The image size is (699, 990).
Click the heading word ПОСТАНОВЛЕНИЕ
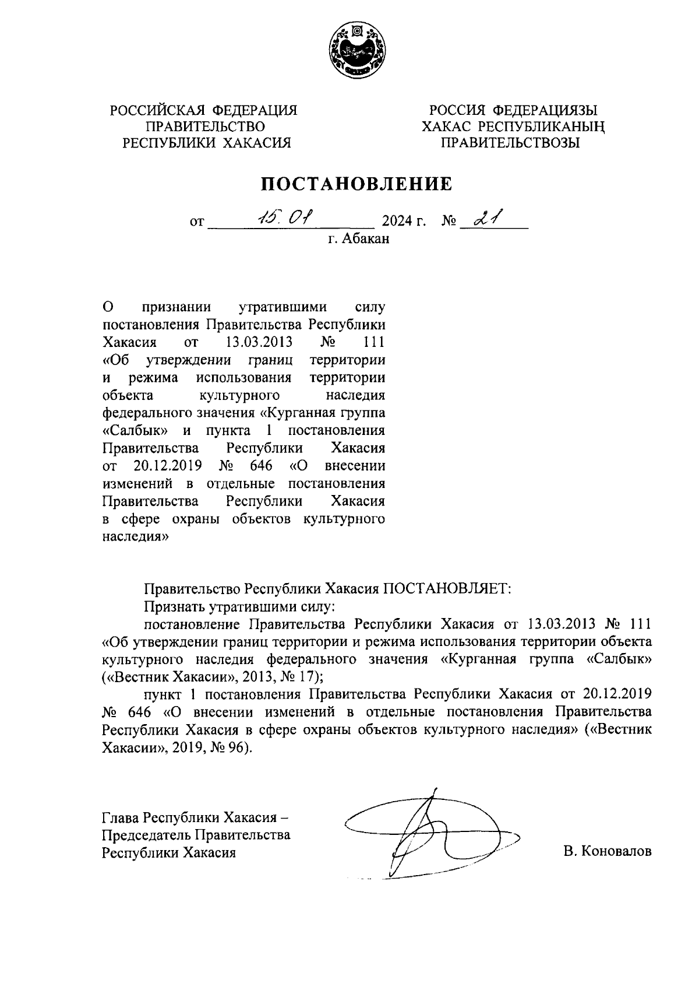[x=355, y=184]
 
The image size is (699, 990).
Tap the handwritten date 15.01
[x=285, y=218]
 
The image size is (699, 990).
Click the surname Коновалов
[x=616, y=852]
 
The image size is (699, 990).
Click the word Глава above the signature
[x=121, y=817]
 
